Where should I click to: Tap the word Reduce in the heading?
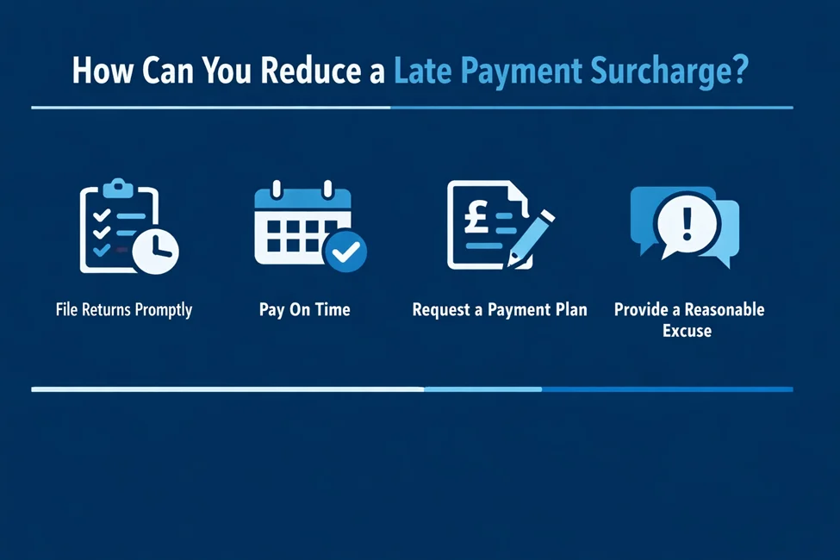point(310,71)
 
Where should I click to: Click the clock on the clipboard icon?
point(156,250)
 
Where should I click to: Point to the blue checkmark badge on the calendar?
point(345,251)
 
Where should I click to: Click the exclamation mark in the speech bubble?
point(687,221)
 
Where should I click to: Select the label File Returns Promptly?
point(123,309)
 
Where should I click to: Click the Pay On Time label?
point(304,309)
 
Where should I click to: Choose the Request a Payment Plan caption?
point(500,309)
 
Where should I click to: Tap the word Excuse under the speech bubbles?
point(687,331)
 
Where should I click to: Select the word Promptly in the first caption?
point(162,309)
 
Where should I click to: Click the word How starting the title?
point(97,71)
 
